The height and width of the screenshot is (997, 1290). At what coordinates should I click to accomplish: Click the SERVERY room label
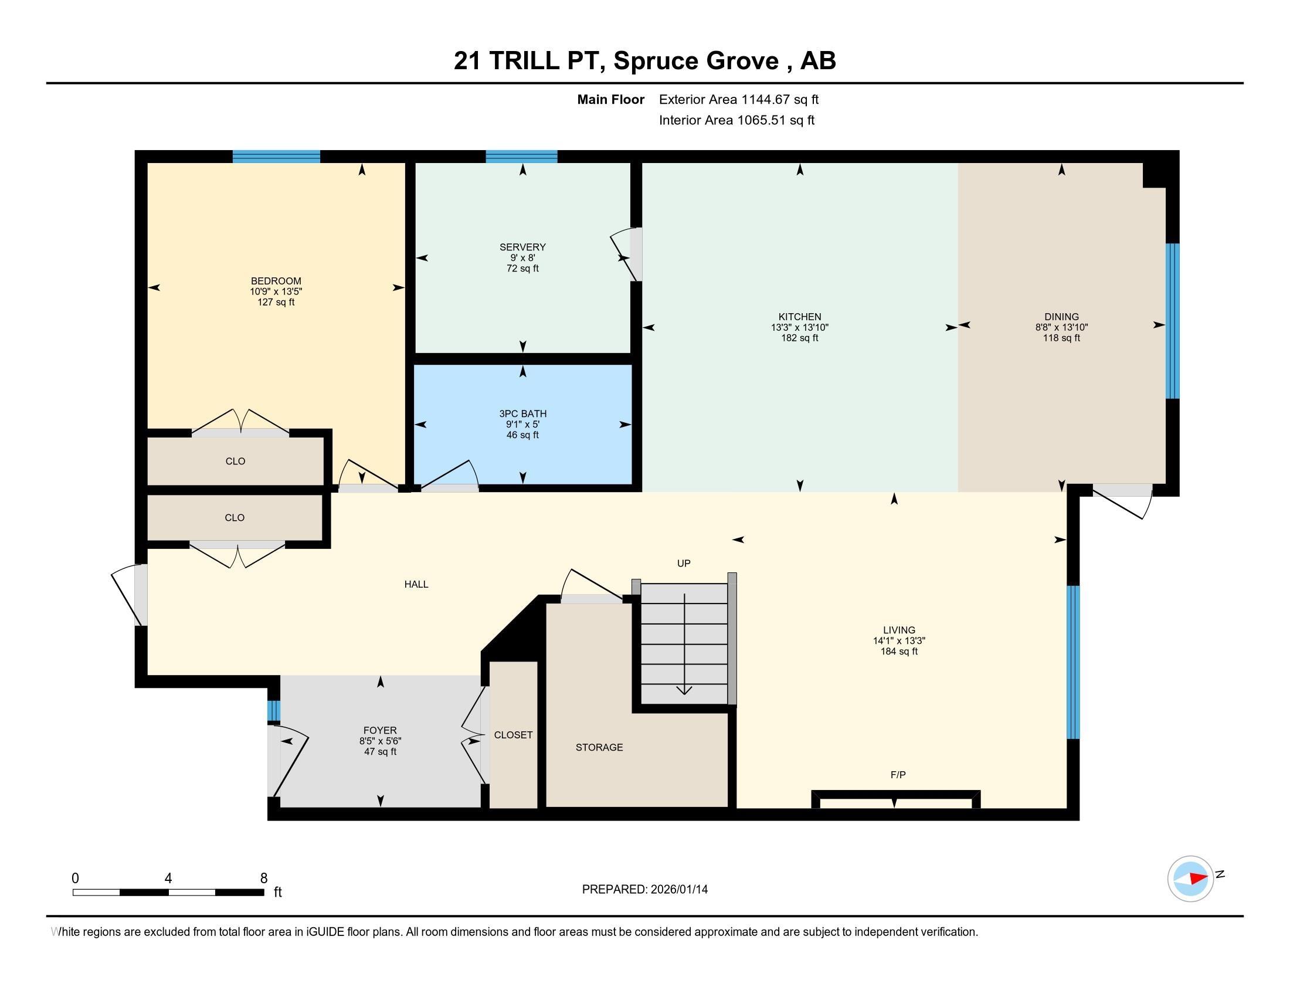click(522, 247)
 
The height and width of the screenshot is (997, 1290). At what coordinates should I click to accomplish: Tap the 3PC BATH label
click(522, 413)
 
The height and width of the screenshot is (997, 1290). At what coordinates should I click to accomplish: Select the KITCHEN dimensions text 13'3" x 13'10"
click(799, 327)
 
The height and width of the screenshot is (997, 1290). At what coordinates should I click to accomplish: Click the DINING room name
click(1061, 317)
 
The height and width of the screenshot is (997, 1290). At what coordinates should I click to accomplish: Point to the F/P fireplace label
click(897, 774)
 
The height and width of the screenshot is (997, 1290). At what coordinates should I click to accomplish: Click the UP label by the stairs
click(683, 563)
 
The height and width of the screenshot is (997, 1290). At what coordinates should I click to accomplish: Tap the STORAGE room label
click(599, 747)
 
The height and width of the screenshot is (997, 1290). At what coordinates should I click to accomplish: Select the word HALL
click(416, 584)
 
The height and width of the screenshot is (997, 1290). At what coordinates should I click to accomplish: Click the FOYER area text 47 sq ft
click(380, 751)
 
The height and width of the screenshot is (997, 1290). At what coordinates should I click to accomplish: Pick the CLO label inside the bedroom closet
click(235, 461)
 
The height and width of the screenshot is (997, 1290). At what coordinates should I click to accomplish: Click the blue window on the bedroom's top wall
click(276, 157)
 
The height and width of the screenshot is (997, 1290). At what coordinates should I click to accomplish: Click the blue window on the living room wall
click(1072, 662)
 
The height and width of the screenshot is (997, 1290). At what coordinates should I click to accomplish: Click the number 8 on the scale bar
click(263, 878)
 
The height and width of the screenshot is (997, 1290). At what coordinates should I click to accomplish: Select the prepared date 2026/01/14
click(678, 889)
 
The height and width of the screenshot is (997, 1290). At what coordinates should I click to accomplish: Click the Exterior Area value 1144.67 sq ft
click(780, 99)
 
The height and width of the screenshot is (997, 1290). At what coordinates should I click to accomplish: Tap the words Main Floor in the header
click(610, 99)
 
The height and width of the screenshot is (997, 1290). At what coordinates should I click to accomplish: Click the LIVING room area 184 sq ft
click(898, 651)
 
